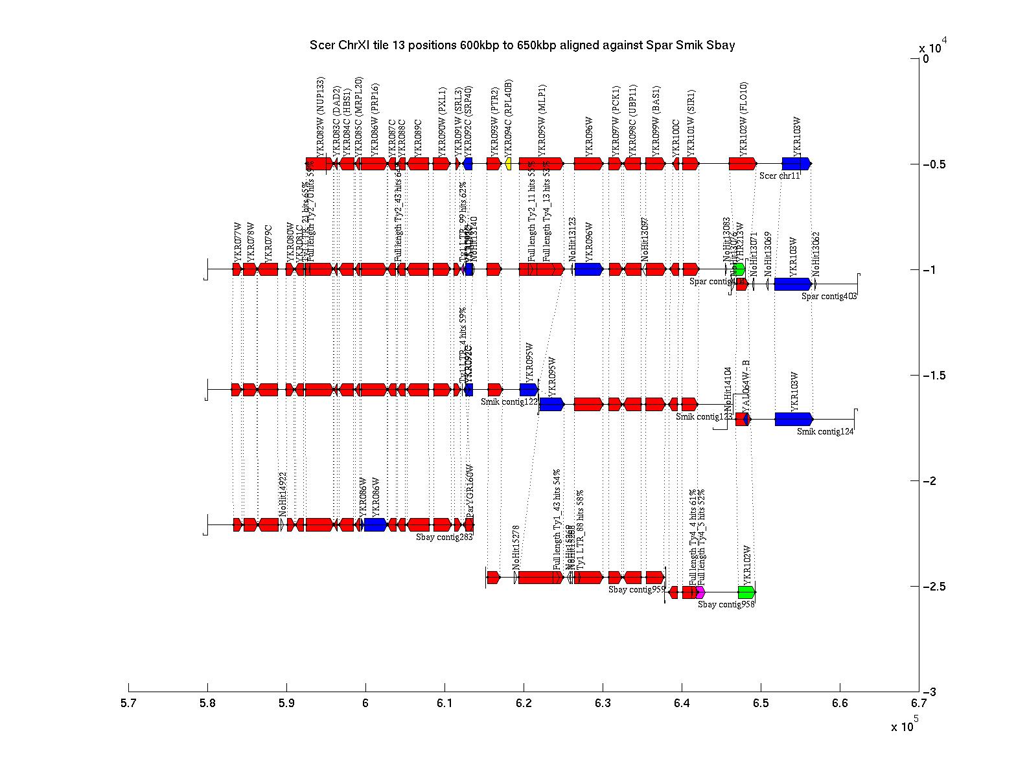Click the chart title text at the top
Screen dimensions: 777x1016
(x=522, y=45)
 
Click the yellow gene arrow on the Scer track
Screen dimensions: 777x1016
(x=509, y=164)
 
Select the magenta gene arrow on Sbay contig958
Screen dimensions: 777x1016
(x=700, y=592)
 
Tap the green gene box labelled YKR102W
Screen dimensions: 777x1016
(x=746, y=592)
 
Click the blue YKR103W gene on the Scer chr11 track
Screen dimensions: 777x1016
(x=796, y=164)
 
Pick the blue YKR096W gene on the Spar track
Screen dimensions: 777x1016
(x=588, y=269)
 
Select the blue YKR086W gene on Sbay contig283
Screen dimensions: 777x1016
(x=375, y=524)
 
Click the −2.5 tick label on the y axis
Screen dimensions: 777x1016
(x=936, y=587)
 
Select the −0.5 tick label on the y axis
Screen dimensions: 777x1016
(x=936, y=164)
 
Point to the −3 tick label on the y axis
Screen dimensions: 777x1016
(x=930, y=692)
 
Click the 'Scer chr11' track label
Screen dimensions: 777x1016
(x=779, y=175)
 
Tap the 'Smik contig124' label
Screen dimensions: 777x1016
(x=825, y=432)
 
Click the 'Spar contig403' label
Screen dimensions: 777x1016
(x=829, y=297)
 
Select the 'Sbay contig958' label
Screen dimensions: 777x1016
(x=726, y=605)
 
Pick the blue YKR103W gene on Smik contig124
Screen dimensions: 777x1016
(x=794, y=419)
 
